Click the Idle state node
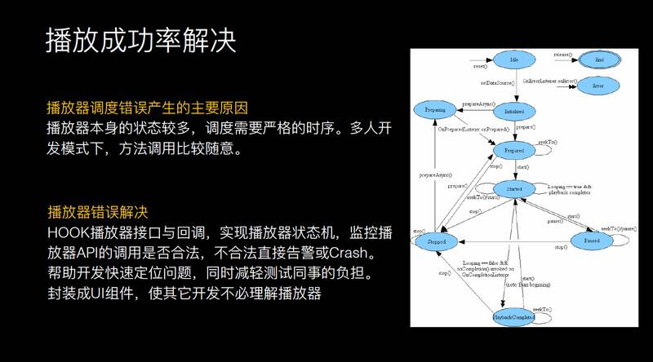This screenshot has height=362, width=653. [x=513, y=60]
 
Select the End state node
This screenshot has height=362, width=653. [x=598, y=60]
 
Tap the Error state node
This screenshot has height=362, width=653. [x=598, y=85]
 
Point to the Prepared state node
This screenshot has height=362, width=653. [x=514, y=151]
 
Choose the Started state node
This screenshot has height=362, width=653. [x=513, y=189]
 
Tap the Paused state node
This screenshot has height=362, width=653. [x=592, y=241]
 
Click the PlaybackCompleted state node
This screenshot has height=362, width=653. [x=513, y=316]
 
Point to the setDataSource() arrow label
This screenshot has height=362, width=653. [x=497, y=83]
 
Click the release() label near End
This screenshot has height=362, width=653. [x=562, y=55]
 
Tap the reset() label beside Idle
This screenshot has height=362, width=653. [x=480, y=65]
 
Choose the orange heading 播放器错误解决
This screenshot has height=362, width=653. [x=97, y=212]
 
